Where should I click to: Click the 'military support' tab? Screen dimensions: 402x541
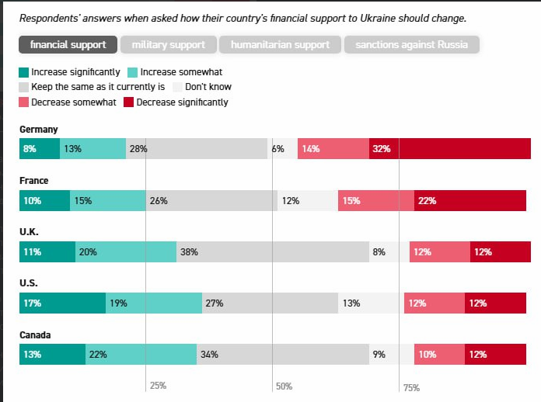[168, 45]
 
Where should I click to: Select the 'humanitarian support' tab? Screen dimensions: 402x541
[279, 45]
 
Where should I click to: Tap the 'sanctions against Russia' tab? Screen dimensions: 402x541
[411, 45]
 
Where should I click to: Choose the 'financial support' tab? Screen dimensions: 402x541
[68, 45]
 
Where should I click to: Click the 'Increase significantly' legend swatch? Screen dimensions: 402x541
[24, 72]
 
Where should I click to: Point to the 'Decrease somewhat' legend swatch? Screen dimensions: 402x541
[24, 102]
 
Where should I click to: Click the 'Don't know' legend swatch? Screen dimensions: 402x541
[178, 87]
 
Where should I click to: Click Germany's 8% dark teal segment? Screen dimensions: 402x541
[40, 148]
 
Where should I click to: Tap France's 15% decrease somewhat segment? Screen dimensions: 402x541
[376, 200]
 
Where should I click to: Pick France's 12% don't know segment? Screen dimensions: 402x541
[308, 200]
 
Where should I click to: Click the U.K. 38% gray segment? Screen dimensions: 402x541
[273, 251]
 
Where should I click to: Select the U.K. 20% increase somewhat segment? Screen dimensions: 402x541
[126, 251]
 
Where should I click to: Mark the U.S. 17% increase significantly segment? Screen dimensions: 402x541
[62, 303]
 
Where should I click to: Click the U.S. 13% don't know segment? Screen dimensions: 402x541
[371, 303]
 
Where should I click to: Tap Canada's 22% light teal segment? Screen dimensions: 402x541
[141, 354]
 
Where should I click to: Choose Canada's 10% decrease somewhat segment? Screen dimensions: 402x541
[439, 354]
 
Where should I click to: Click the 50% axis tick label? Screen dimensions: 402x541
[284, 386]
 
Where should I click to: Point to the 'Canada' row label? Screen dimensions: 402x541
[35, 335]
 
